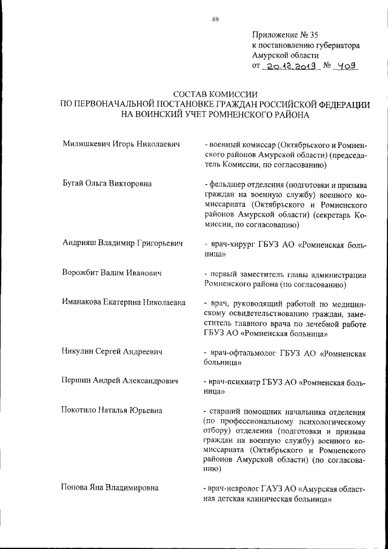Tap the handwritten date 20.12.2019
click(289, 65)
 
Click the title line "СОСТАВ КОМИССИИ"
click(215, 95)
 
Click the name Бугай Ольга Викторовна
click(107, 183)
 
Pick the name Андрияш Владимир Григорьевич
click(122, 243)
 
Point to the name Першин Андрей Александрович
click(121, 381)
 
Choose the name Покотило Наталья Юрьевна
click(112, 411)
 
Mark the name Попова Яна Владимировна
click(110, 487)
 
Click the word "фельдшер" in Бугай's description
click(227, 184)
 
